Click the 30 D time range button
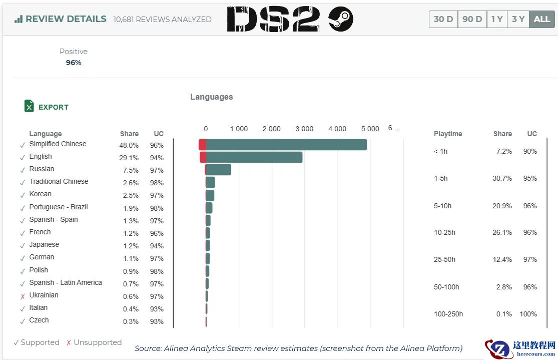pos(443,19)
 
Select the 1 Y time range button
pos(497,19)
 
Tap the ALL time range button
pos(542,19)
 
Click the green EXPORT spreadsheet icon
pos(29,106)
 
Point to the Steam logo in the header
pos(341,20)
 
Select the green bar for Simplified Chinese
pos(286,145)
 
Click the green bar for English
pos(254,157)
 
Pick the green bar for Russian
pos(219,170)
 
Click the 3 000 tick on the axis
pos(304,129)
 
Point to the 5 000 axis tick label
pos(370,129)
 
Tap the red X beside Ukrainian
pos(23,296)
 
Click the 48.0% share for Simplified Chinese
pos(129,145)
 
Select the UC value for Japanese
pos(157,246)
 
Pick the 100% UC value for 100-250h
pos(528,314)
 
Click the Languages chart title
pos(211,97)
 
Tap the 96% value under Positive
pos(74,63)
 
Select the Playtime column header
pos(448,134)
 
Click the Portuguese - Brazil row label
pos(59,207)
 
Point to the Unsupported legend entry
pos(97,342)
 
